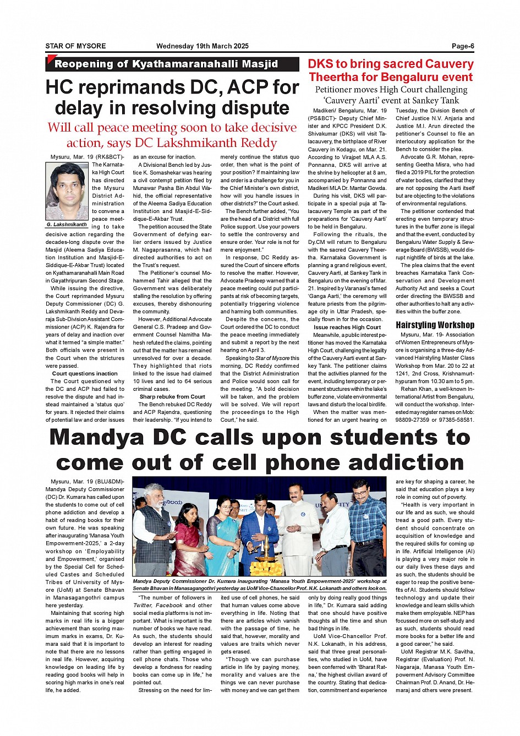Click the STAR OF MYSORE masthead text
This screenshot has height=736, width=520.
coord(75,46)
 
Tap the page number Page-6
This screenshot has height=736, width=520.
coord(463,46)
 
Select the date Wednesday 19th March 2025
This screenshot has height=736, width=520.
coord(202,46)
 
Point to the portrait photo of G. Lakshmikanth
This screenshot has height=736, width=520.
coord(67,191)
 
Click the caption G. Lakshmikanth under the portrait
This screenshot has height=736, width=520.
coord(67,225)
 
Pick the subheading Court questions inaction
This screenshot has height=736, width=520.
coord(85,373)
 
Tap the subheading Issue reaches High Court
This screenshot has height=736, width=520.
coord(347,327)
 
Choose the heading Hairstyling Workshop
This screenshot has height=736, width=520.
coord(435,325)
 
